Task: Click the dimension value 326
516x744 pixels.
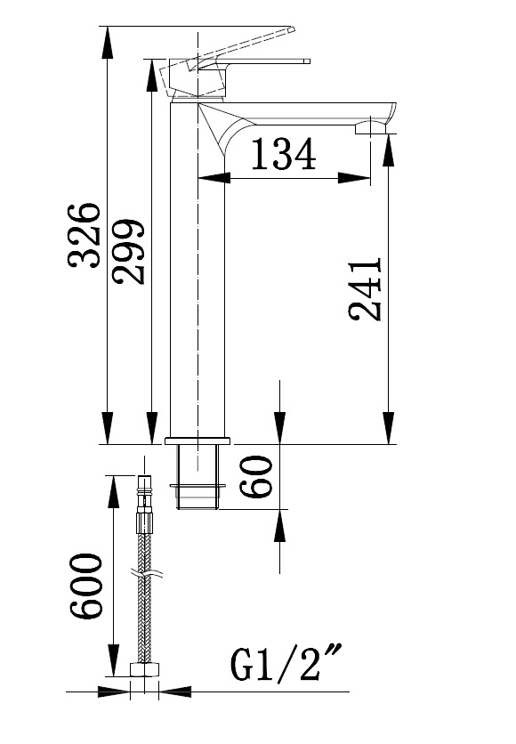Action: click(85, 235)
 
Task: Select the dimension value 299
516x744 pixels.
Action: click(128, 252)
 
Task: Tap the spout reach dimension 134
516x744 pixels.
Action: click(283, 154)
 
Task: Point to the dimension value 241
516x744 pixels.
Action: click(365, 289)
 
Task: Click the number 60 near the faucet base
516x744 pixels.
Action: click(256, 476)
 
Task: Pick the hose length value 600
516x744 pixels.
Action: click(85, 586)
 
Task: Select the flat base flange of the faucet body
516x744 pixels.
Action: click(198, 441)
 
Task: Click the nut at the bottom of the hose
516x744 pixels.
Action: click(145, 669)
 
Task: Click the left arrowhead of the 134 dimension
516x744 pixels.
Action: click(213, 178)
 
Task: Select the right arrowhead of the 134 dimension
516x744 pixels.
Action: click(354, 178)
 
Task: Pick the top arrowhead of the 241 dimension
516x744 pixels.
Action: click(389, 150)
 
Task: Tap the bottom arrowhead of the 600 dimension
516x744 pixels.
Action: click(114, 660)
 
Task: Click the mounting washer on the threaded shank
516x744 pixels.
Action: click(198, 485)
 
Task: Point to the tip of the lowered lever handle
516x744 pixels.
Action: click(307, 61)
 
